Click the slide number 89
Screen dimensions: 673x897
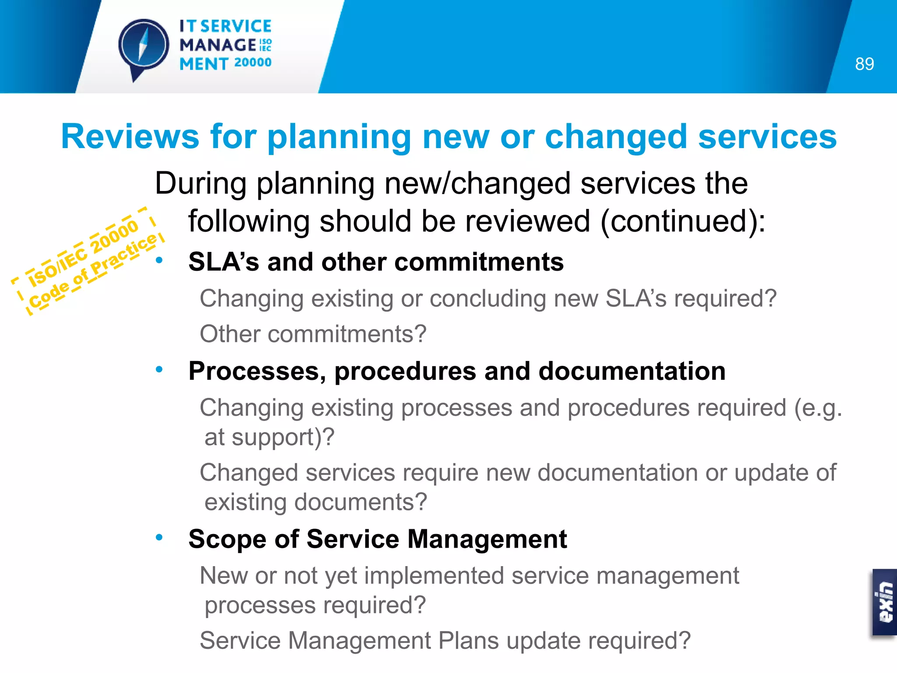pyautogui.click(x=864, y=64)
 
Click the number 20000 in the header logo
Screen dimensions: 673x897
pyautogui.click(x=253, y=63)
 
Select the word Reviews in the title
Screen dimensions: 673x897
pyautogui.click(x=130, y=137)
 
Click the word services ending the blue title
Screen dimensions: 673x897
pyautogui.click(x=767, y=137)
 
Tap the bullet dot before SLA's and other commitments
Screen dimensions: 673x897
pyautogui.click(x=159, y=260)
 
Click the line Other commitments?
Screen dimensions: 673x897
pyautogui.click(x=313, y=334)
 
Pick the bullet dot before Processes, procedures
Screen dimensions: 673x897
pyautogui.click(x=159, y=369)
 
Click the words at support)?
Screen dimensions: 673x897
pyautogui.click(x=269, y=437)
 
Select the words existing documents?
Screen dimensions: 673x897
pyautogui.click(x=315, y=502)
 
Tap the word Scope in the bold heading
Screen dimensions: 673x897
pyautogui.click(x=227, y=539)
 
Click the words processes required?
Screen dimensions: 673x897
pyautogui.click(x=315, y=606)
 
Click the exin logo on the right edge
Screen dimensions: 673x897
pyautogui.click(x=885, y=602)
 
